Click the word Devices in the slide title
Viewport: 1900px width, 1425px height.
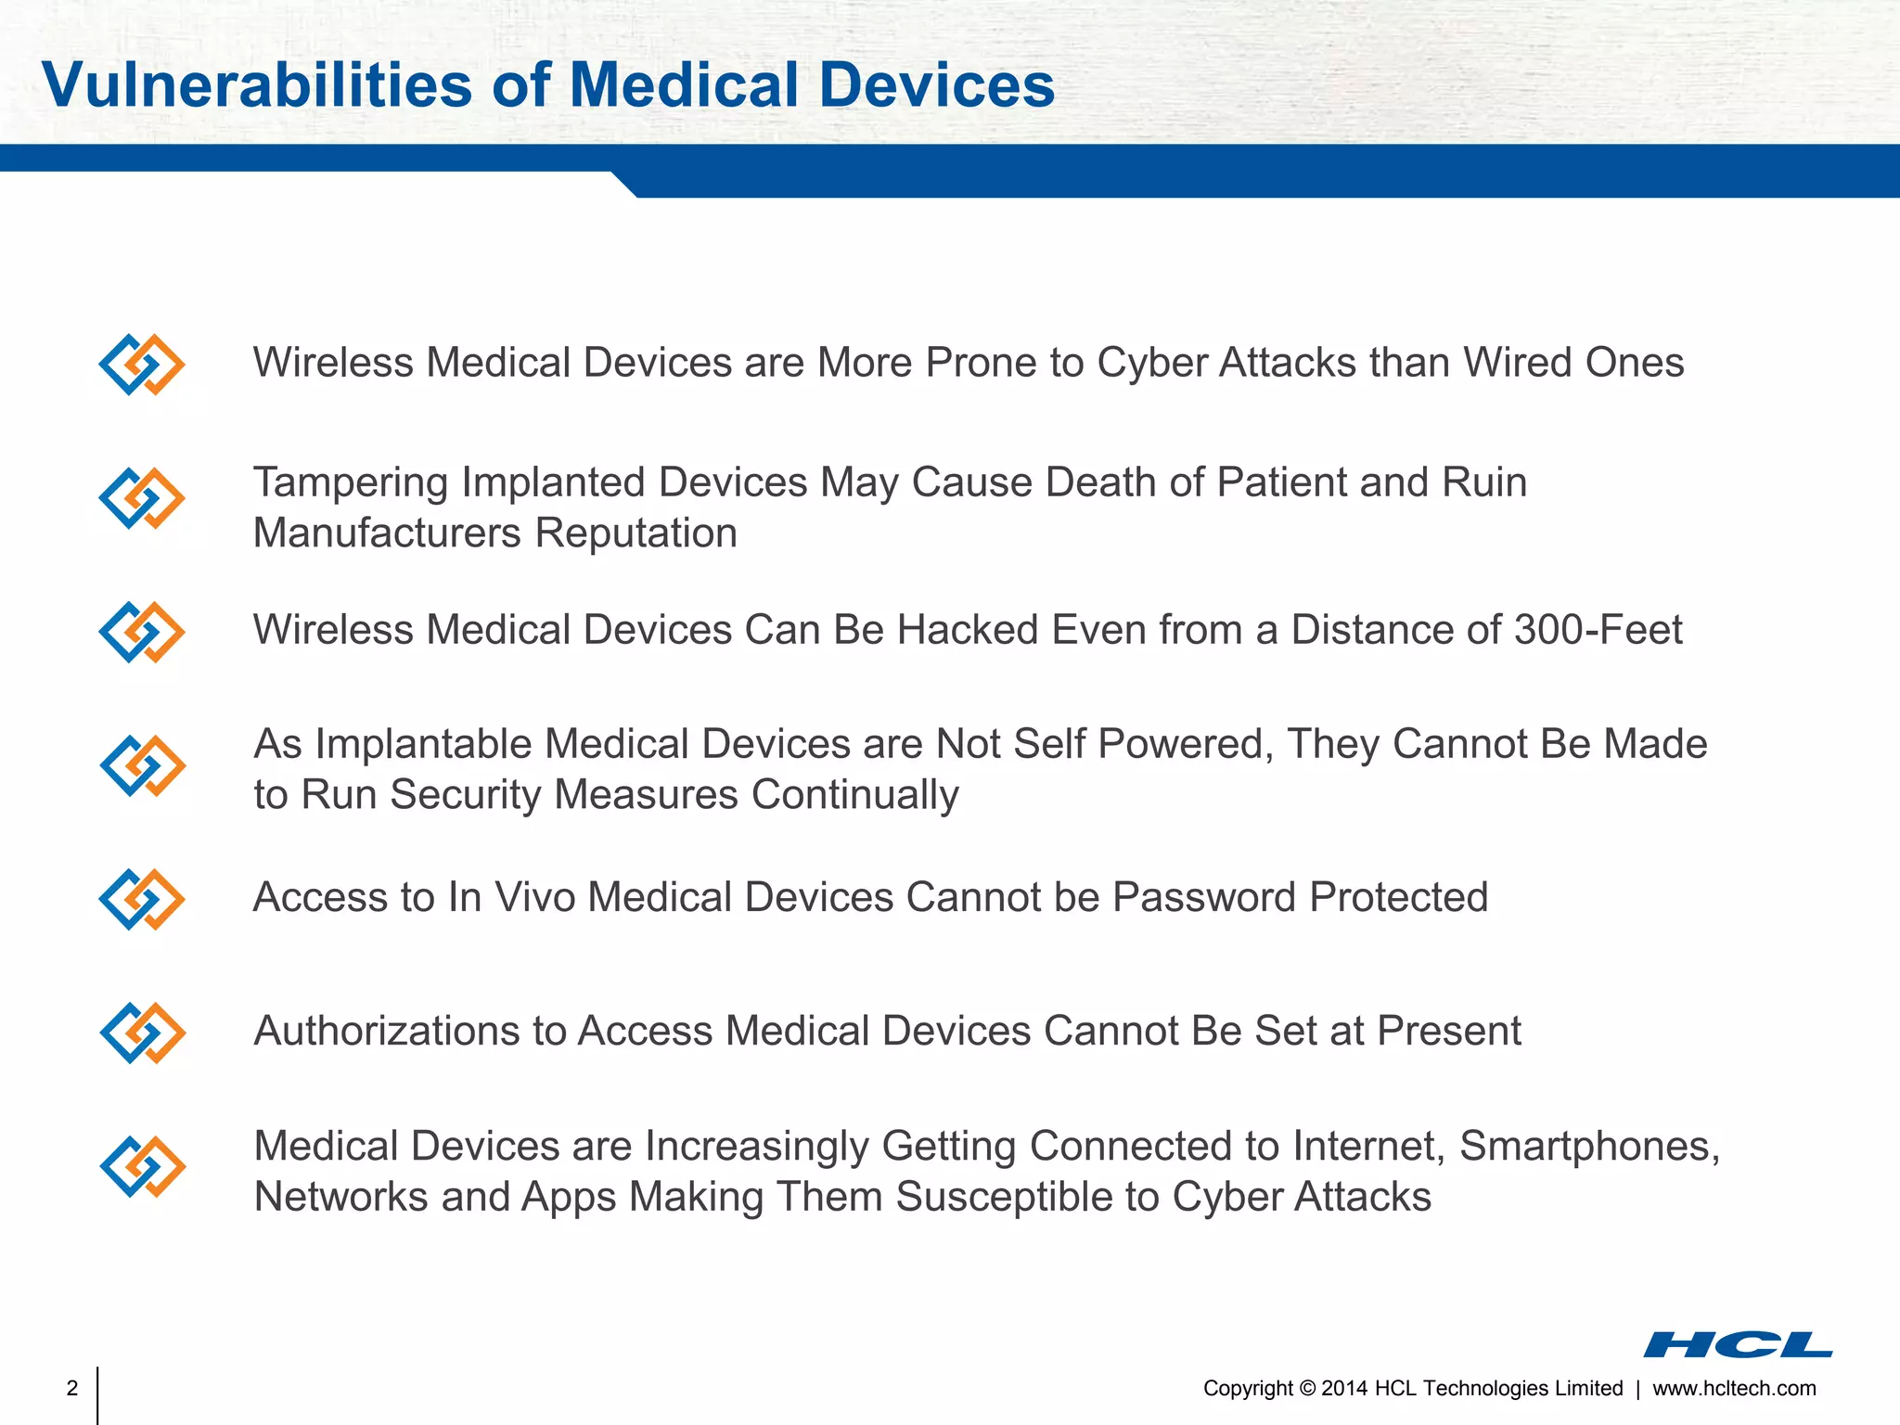pyautogui.click(x=936, y=85)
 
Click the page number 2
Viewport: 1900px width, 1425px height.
pyautogui.click(x=72, y=1388)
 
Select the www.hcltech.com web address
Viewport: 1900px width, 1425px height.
pyautogui.click(x=1734, y=1388)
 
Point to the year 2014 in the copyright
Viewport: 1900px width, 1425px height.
pyautogui.click(x=1344, y=1388)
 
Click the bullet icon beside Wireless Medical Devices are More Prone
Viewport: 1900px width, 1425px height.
pyautogui.click(x=142, y=365)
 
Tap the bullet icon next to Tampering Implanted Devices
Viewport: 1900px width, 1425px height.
pyautogui.click(x=142, y=498)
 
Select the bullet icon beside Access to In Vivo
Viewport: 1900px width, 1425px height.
pyautogui.click(x=142, y=899)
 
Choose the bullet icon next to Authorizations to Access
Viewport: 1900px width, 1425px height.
pyautogui.click(x=142, y=1033)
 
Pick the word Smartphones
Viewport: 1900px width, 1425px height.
pyautogui.click(x=1589, y=1146)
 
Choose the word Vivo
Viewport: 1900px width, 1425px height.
pyautogui.click(x=535, y=897)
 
